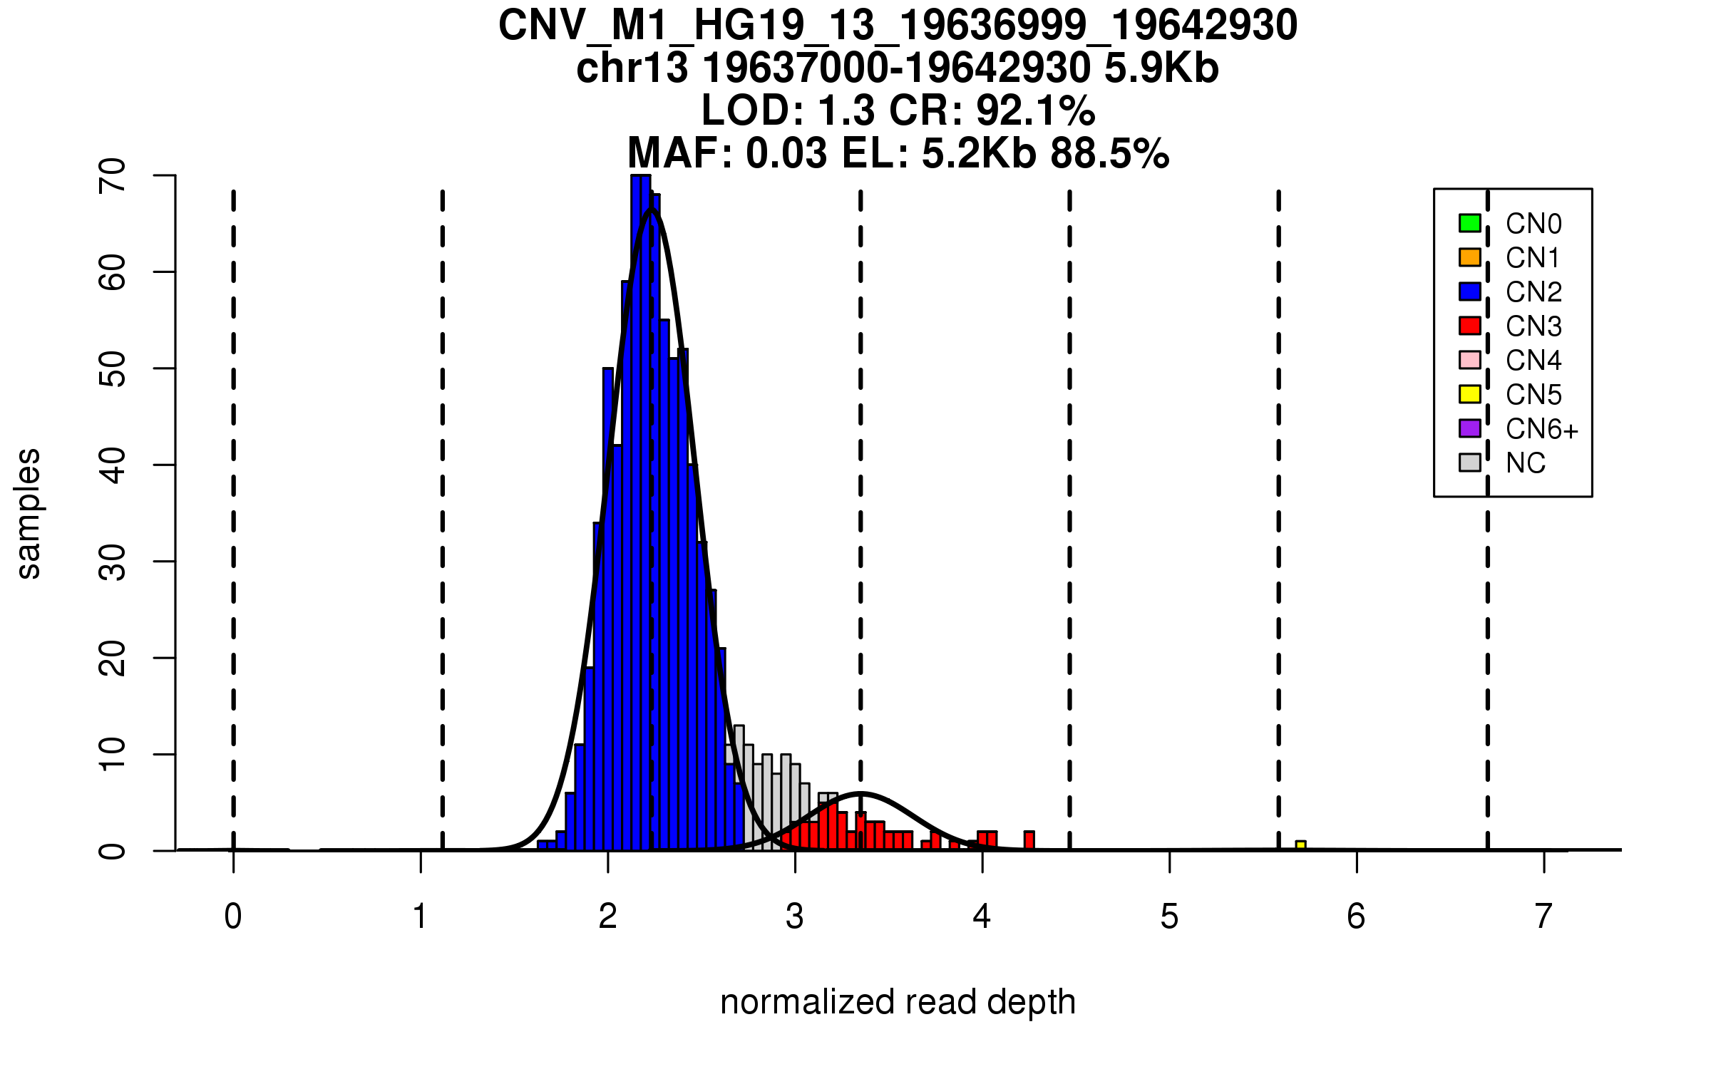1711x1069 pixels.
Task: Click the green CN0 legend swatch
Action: pos(1469,223)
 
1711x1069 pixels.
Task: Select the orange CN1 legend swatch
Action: pos(1469,257)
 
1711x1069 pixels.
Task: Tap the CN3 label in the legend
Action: pos(1533,326)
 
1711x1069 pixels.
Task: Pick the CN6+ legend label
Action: pos(1541,429)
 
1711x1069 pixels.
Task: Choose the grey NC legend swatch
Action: pos(1469,463)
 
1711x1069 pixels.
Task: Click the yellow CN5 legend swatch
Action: pos(1469,394)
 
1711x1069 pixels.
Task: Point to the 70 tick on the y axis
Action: pos(113,175)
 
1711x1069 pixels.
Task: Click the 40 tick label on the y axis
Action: pos(113,465)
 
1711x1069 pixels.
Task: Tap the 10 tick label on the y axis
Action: pos(113,754)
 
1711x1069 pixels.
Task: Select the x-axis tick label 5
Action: pos(1169,916)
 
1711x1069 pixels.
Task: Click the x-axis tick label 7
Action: pos(1543,916)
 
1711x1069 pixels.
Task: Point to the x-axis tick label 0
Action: pos(233,916)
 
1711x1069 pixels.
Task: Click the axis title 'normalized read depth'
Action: pos(898,1002)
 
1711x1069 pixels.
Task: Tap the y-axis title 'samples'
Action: pos(29,513)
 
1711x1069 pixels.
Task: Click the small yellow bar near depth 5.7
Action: pos(1300,845)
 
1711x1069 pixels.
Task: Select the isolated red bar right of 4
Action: pos(1029,841)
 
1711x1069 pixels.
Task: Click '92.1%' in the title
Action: pos(1035,110)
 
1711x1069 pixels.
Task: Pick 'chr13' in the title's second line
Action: pos(632,68)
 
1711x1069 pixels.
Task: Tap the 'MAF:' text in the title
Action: pos(680,153)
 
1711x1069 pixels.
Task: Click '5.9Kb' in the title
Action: pos(1161,68)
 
